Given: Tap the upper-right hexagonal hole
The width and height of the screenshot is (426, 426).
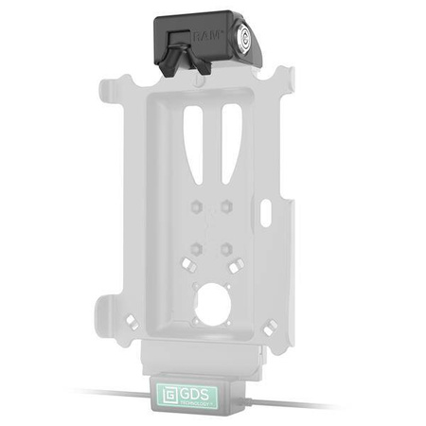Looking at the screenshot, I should (226, 206).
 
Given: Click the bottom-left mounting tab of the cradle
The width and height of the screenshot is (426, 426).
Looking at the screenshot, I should (107, 312).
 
